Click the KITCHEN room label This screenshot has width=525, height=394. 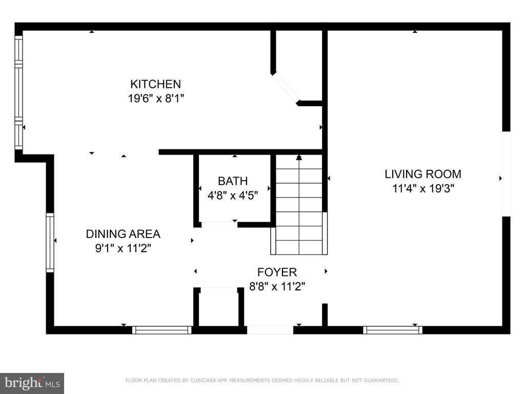155,84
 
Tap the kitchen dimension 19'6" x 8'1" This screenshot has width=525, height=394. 156,98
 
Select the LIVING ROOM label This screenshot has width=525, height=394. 423,174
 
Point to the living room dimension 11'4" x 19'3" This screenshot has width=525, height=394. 423,189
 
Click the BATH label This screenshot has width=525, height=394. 233,181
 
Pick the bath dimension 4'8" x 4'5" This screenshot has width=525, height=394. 233,195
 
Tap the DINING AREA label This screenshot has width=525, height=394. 123,234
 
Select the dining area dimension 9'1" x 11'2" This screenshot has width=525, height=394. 123,248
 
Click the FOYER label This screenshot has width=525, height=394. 277,272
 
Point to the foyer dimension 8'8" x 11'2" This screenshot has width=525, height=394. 277,286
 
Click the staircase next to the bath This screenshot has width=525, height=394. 299,204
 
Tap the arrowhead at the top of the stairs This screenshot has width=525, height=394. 299,157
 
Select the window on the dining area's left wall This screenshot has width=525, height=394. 50,243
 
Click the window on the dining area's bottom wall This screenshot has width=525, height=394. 161,330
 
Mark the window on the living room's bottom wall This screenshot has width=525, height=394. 393,330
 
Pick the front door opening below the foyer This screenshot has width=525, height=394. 270,330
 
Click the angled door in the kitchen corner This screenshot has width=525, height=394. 285,88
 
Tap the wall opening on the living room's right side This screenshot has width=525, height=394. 506,173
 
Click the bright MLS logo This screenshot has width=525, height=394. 32,383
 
